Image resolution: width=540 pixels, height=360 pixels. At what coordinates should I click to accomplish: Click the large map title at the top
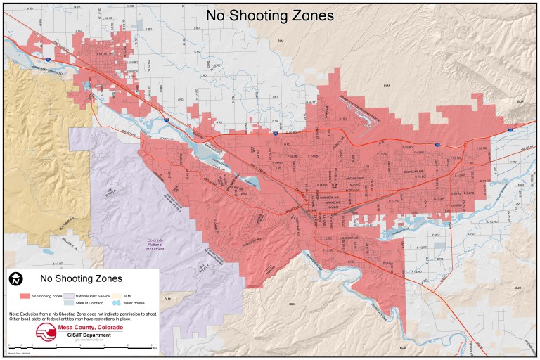(x=269, y=15)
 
